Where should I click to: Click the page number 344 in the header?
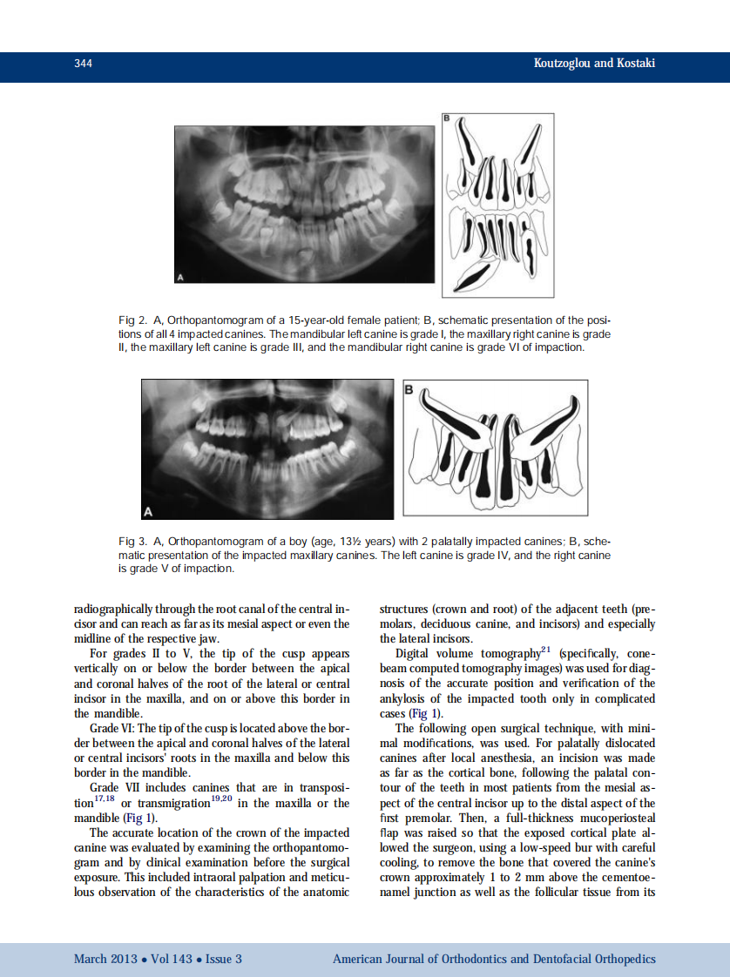[84, 64]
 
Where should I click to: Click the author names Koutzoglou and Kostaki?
[593, 64]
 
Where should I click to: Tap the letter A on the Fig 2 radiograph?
[181, 277]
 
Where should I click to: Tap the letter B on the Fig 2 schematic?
[447, 118]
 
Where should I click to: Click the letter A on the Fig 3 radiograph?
[148, 509]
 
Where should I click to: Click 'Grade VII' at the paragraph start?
[114, 787]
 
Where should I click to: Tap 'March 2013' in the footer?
[105, 959]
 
